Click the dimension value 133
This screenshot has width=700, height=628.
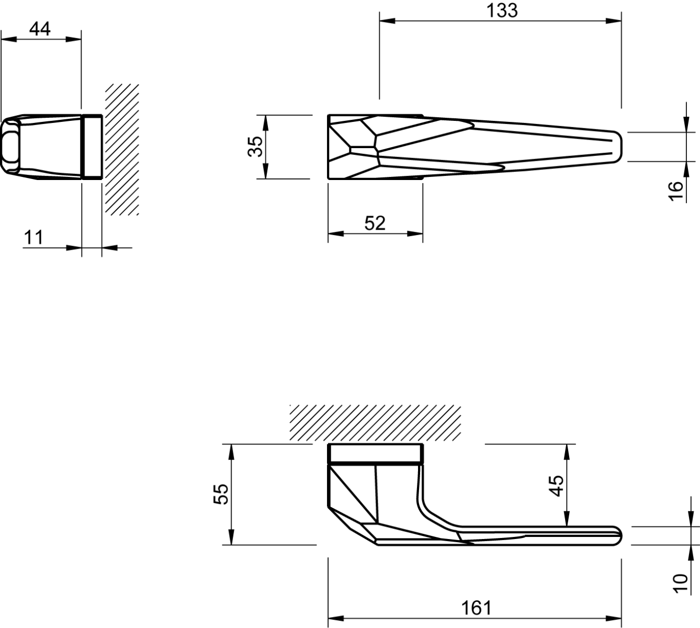point(502,10)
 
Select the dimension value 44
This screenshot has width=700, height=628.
point(40,29)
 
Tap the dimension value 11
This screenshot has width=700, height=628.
point(33,238)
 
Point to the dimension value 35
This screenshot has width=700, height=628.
point(256,147)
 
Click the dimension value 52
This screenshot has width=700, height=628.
point(375,223)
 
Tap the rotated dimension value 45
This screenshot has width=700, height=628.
point(556,486)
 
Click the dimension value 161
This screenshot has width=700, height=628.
point(477,608)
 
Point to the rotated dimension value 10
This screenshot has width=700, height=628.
point(681,584)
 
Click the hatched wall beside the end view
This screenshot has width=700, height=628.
point(121,149)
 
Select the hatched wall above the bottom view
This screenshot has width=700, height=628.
point(375,423)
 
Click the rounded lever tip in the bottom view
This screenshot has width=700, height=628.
point(618,536)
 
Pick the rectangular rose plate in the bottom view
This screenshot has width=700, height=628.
point(375,453)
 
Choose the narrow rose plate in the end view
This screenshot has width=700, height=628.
point(92,147)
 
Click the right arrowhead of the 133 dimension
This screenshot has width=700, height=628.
point(614,21)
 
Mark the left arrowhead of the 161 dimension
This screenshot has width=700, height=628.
point(336,618)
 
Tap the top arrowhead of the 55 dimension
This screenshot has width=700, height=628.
point(231,452)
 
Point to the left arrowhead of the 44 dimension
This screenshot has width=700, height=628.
point(9,39)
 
